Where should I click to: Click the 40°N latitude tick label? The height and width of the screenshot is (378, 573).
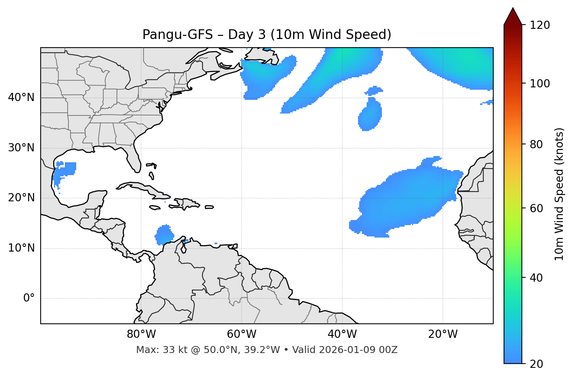pos(21,98)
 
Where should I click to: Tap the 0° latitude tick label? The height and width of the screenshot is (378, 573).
pos(29,298)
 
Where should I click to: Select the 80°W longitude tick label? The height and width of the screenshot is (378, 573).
pos(141,334)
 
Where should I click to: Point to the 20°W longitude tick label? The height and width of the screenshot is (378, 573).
pos(443,334)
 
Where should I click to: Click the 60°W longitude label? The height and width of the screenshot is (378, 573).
pos(242,334)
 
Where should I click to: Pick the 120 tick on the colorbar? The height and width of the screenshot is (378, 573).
pos(540,25)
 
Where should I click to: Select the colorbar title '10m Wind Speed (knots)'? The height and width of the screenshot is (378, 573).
pos(559,194)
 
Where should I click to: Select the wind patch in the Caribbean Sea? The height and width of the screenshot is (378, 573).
pos(165,235)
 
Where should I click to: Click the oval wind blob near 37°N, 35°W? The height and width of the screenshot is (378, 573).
pos(369,115)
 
